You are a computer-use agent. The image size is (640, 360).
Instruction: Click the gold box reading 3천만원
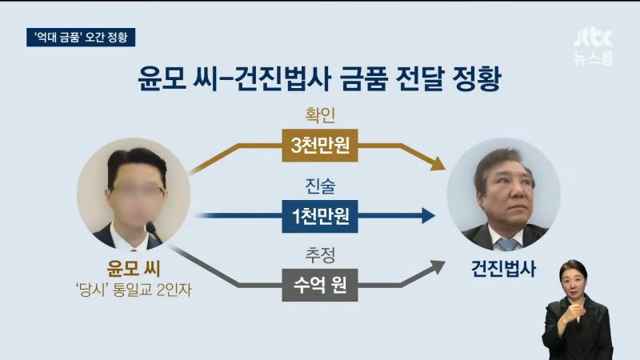point(319,146)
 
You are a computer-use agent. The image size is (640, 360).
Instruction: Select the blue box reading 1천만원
point(319,216)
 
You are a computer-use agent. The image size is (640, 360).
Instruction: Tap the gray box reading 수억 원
point(319,285)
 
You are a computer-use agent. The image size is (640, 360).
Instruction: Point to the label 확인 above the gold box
point(320,115)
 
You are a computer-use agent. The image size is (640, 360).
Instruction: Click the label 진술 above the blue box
point(320,186)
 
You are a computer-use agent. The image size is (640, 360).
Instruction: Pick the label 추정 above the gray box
point(320,255)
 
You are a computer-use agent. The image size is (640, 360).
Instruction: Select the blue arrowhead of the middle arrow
point(428,215)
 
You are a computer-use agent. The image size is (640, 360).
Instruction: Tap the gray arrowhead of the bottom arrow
point(438,267)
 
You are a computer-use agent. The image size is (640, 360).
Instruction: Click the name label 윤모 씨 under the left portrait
point(134,269)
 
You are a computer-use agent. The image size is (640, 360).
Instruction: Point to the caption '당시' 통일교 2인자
point(134,290)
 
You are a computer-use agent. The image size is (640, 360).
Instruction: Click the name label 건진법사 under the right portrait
point(503,269)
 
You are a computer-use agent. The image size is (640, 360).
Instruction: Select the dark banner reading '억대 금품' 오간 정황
point(81,37)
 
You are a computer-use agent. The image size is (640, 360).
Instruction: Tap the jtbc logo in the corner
point(594,38)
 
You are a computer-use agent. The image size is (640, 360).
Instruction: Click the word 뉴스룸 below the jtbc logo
point(594,58)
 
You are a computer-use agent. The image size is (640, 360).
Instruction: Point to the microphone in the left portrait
point(153,230)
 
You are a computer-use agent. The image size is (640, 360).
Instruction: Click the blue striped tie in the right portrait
point(508,244)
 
